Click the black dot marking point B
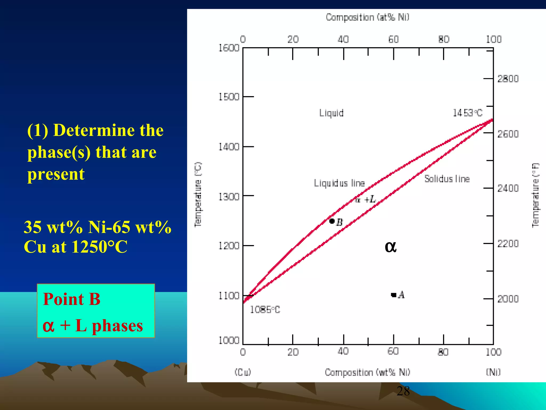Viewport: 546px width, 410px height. click(x=332, y=221)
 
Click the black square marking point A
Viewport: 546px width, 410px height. click(x=394, y=295)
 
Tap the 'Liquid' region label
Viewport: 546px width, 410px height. click(x=331, y=113)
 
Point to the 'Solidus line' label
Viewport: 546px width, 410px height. click(x=447, y=179)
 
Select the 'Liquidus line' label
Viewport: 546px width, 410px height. click(x=339, y=183)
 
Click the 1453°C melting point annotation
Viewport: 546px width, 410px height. click(x=468, y=113)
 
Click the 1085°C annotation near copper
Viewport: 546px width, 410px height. click(x=265, y=310)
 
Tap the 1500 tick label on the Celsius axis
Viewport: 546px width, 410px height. click(x=229, y=97)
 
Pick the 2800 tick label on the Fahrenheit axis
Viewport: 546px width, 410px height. click(x=508, y=79)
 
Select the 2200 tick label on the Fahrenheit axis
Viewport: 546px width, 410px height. click(x=508, y=243)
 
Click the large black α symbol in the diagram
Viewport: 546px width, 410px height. click(x=391, y=247)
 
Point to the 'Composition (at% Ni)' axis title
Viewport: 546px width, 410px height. click(x=367, y=17)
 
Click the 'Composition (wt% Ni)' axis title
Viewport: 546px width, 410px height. click(x=367, y=372)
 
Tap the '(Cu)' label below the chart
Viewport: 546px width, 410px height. click(x=243, y=372)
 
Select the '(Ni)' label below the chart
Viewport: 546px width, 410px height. click(x=493, y=372)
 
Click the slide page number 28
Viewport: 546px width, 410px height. click(x=403, y=391)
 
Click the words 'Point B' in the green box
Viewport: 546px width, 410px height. click(x=72, y=299)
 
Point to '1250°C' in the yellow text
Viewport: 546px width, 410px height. click(x=99, y=247)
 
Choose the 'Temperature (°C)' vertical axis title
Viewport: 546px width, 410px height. click(x=198, y=195)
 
